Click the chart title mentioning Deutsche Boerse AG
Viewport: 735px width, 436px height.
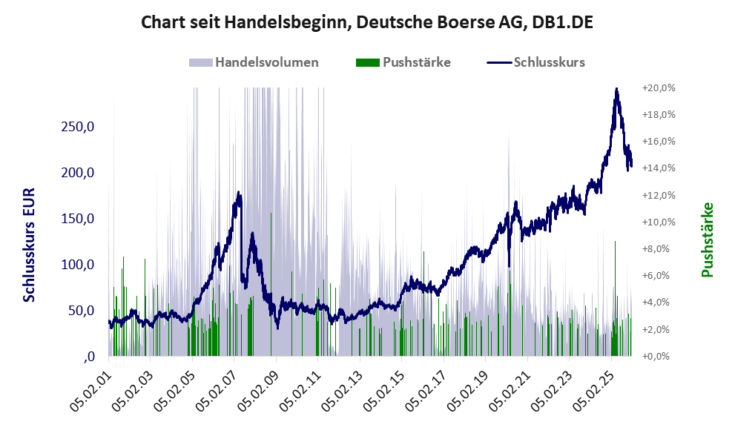tap(367, 23)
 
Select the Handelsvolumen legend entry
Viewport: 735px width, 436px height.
tap(266, 62)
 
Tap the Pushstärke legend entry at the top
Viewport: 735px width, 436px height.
tap(416, 62)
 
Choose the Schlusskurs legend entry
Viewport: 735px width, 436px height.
tap(549, 62)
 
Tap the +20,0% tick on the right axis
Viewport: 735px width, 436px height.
tap(658, 87)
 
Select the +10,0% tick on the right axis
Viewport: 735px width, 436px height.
tap(658, 222)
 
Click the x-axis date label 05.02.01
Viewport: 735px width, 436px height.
tap(90, 387)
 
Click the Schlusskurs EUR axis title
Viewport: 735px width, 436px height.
tap(30, 245)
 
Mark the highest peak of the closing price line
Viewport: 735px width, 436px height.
tap(616, 90)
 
